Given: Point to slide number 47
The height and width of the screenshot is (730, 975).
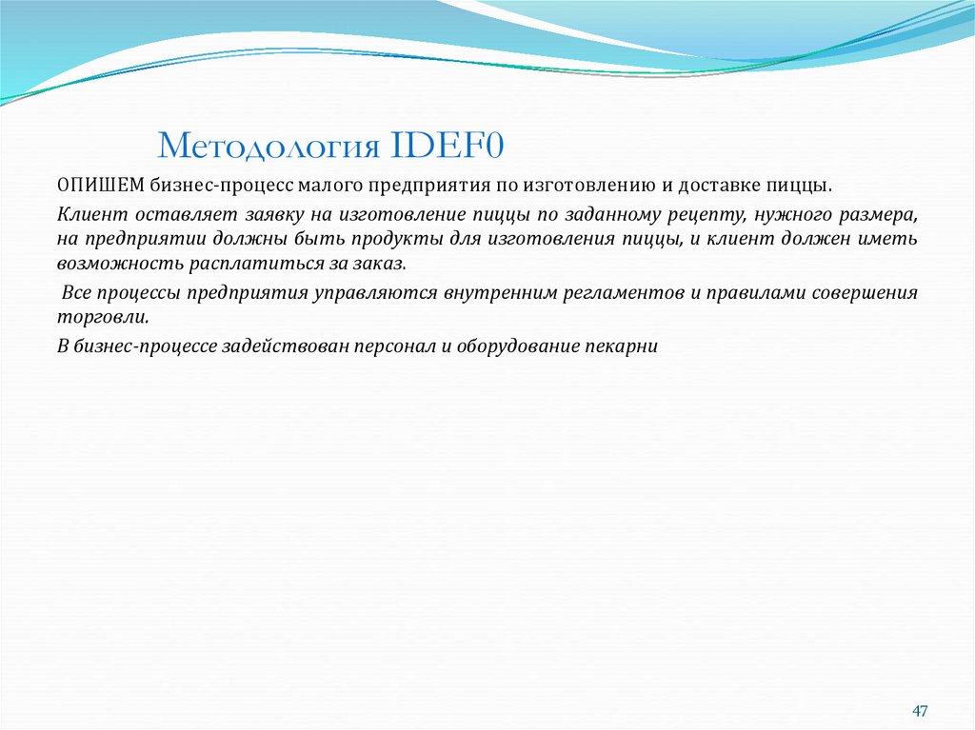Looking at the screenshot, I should pyautogui.click(x=919, y=712).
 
